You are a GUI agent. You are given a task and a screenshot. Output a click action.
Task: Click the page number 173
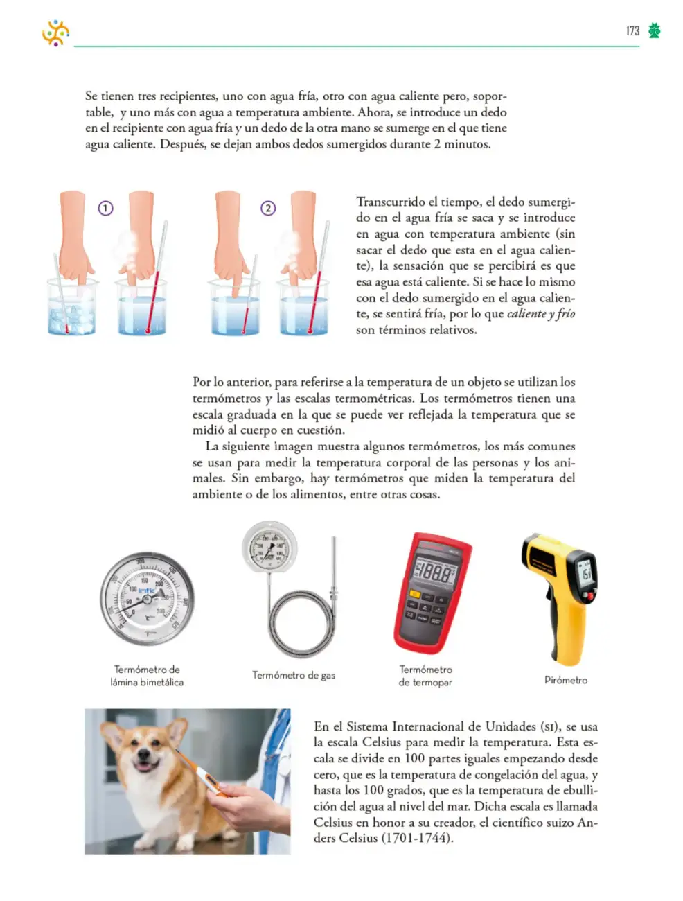632,31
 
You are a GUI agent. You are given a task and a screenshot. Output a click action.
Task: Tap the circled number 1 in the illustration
105,209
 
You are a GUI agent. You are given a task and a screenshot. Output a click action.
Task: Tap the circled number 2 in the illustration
268,209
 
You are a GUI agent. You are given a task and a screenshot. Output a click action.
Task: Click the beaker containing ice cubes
72,306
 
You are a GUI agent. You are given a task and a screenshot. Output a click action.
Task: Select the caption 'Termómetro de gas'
294,675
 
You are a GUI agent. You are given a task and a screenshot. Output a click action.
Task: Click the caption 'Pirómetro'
566,680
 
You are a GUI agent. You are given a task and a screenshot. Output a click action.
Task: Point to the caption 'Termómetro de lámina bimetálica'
147,676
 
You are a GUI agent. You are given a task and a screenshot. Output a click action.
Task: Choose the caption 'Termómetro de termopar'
425,676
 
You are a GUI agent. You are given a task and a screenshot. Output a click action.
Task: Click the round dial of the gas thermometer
269,546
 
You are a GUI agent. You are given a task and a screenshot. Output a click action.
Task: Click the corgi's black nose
144,753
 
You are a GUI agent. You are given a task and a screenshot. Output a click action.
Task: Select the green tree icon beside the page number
655,30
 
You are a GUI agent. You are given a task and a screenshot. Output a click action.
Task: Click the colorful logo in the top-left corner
55,33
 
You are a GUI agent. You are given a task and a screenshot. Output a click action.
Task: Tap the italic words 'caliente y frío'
541,314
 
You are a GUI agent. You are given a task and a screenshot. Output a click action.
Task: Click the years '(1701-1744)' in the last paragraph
418,838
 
